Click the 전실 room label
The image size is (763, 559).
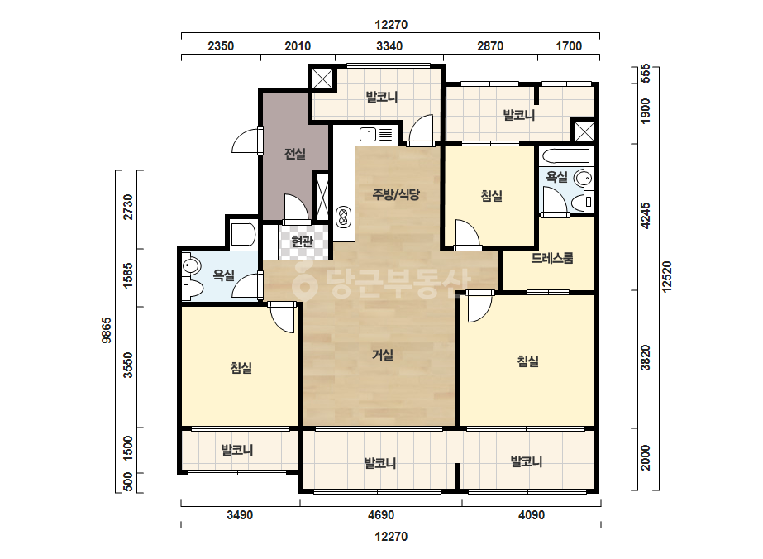[x=295, y=155]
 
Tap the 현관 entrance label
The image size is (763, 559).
[x=302, y=241]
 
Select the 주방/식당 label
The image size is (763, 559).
[x=396, y=195]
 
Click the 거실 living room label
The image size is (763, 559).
[x=383, y=355]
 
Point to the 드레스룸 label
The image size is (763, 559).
[x=552, y=258]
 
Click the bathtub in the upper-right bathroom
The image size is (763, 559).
[x=566, y=156]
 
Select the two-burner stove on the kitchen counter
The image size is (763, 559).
[x=344, y=217]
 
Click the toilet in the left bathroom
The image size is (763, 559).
[x=193, y=289]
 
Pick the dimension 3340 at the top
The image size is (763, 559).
[x=389, y=46]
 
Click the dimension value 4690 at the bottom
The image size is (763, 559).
[x=381, y=515]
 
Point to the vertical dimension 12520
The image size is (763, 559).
[x=666, y=276]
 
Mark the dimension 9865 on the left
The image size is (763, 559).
[x=106, y=330]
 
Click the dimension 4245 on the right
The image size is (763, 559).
[x=646, y=216]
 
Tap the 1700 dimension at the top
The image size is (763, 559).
[x=569, y=46]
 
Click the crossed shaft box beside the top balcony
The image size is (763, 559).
[x=322, y=78]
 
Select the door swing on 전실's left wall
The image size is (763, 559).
[x=246, y=141]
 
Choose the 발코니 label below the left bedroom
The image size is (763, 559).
[x=237, y=450]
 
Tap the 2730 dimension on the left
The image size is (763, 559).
[x=127, y=207]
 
